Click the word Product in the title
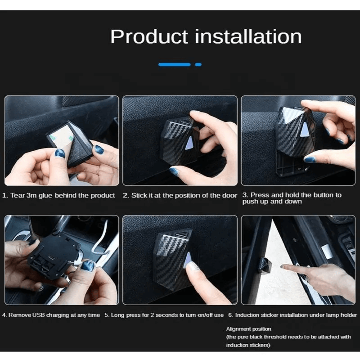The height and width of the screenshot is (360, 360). (149, 37)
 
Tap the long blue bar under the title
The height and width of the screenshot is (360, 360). (175, 64)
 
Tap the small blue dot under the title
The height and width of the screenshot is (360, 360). (198, 64)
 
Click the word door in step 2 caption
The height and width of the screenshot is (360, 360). (229, 195)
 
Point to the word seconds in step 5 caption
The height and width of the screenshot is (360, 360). (166, 315)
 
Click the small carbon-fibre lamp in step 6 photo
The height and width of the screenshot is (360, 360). (265, 265)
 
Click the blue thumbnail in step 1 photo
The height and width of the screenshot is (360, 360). (60, 153)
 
